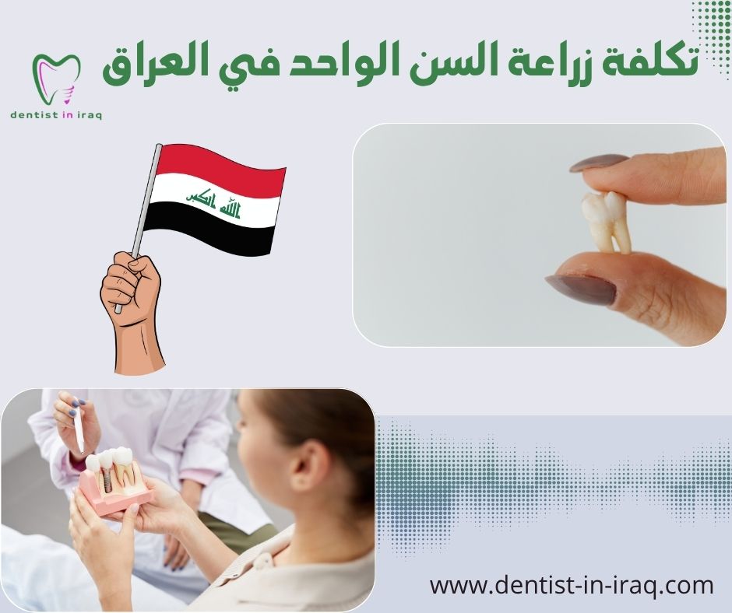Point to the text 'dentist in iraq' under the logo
point(57,114)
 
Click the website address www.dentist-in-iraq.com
point(572,585)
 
